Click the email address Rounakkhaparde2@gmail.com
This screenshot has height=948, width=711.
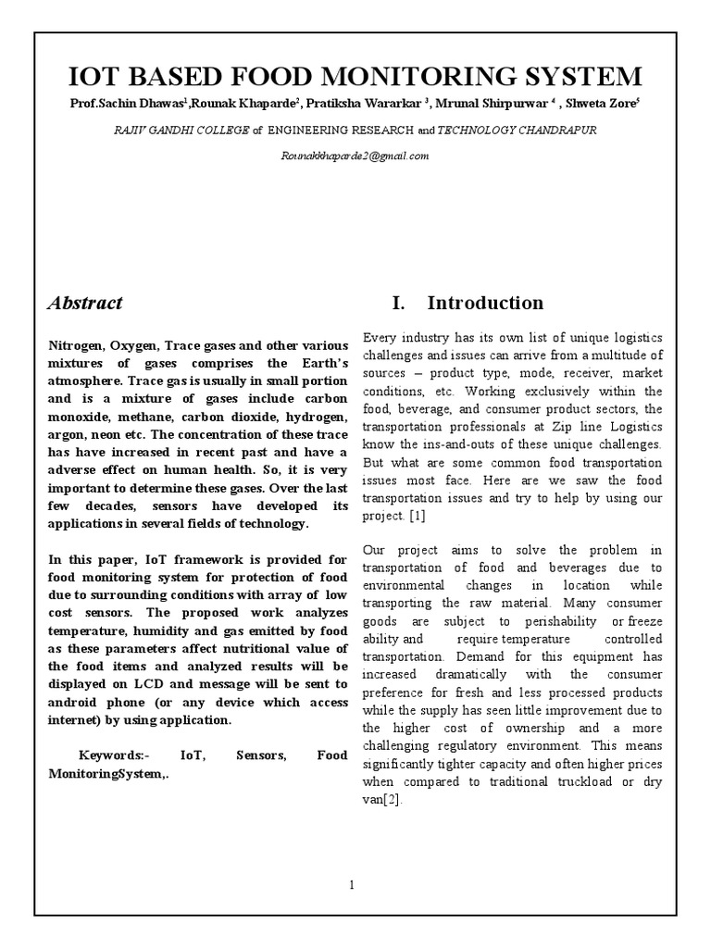(355, 156)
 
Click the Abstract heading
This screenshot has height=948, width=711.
(85, 303)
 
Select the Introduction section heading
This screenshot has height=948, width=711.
(485, 303)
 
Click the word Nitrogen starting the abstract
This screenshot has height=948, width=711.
(79, 344)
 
